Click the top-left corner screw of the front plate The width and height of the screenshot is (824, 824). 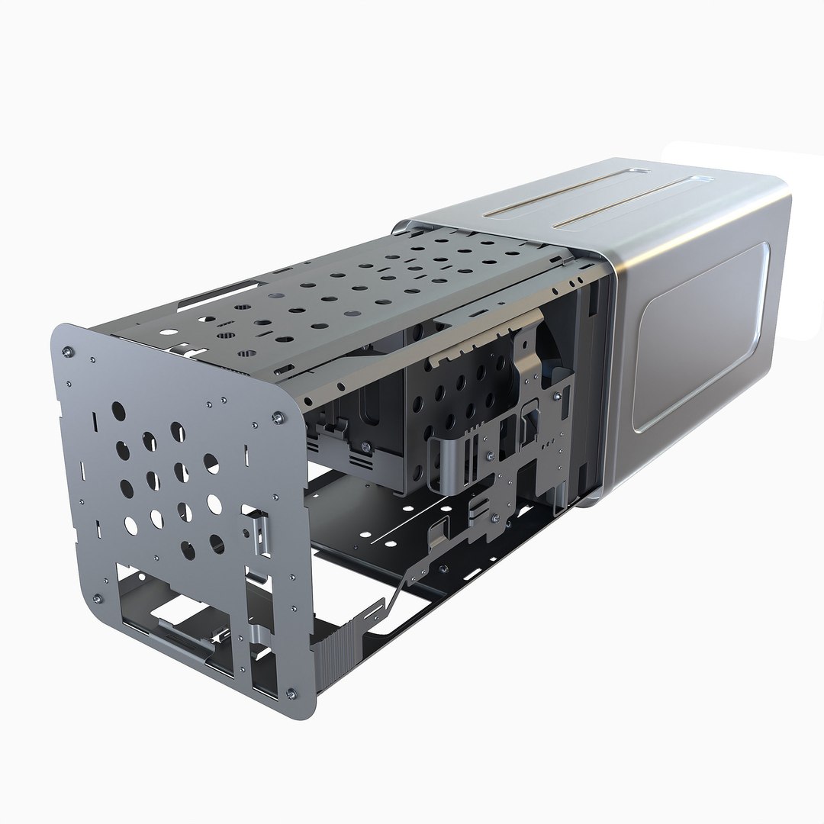[x=68, y=352]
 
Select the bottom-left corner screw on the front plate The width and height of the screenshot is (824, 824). [x=95, y=597]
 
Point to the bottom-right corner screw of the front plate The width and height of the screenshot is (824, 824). [x=291, y=693]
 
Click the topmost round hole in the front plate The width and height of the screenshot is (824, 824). [x=118, y=410]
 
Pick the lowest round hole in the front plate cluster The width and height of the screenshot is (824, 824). [x=188, y=549]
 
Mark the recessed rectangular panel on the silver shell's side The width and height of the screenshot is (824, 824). [x=702, y=336]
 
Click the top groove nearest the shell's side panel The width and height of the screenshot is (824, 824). [x=610, y=206]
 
